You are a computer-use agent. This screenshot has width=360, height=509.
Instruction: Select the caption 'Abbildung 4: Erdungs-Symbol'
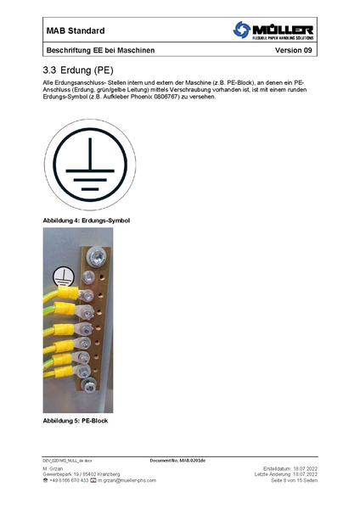pyautogui.click(x=91, y=221)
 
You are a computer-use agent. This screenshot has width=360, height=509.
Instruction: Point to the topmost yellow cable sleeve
pyautogui.click(x=67, y=294)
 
